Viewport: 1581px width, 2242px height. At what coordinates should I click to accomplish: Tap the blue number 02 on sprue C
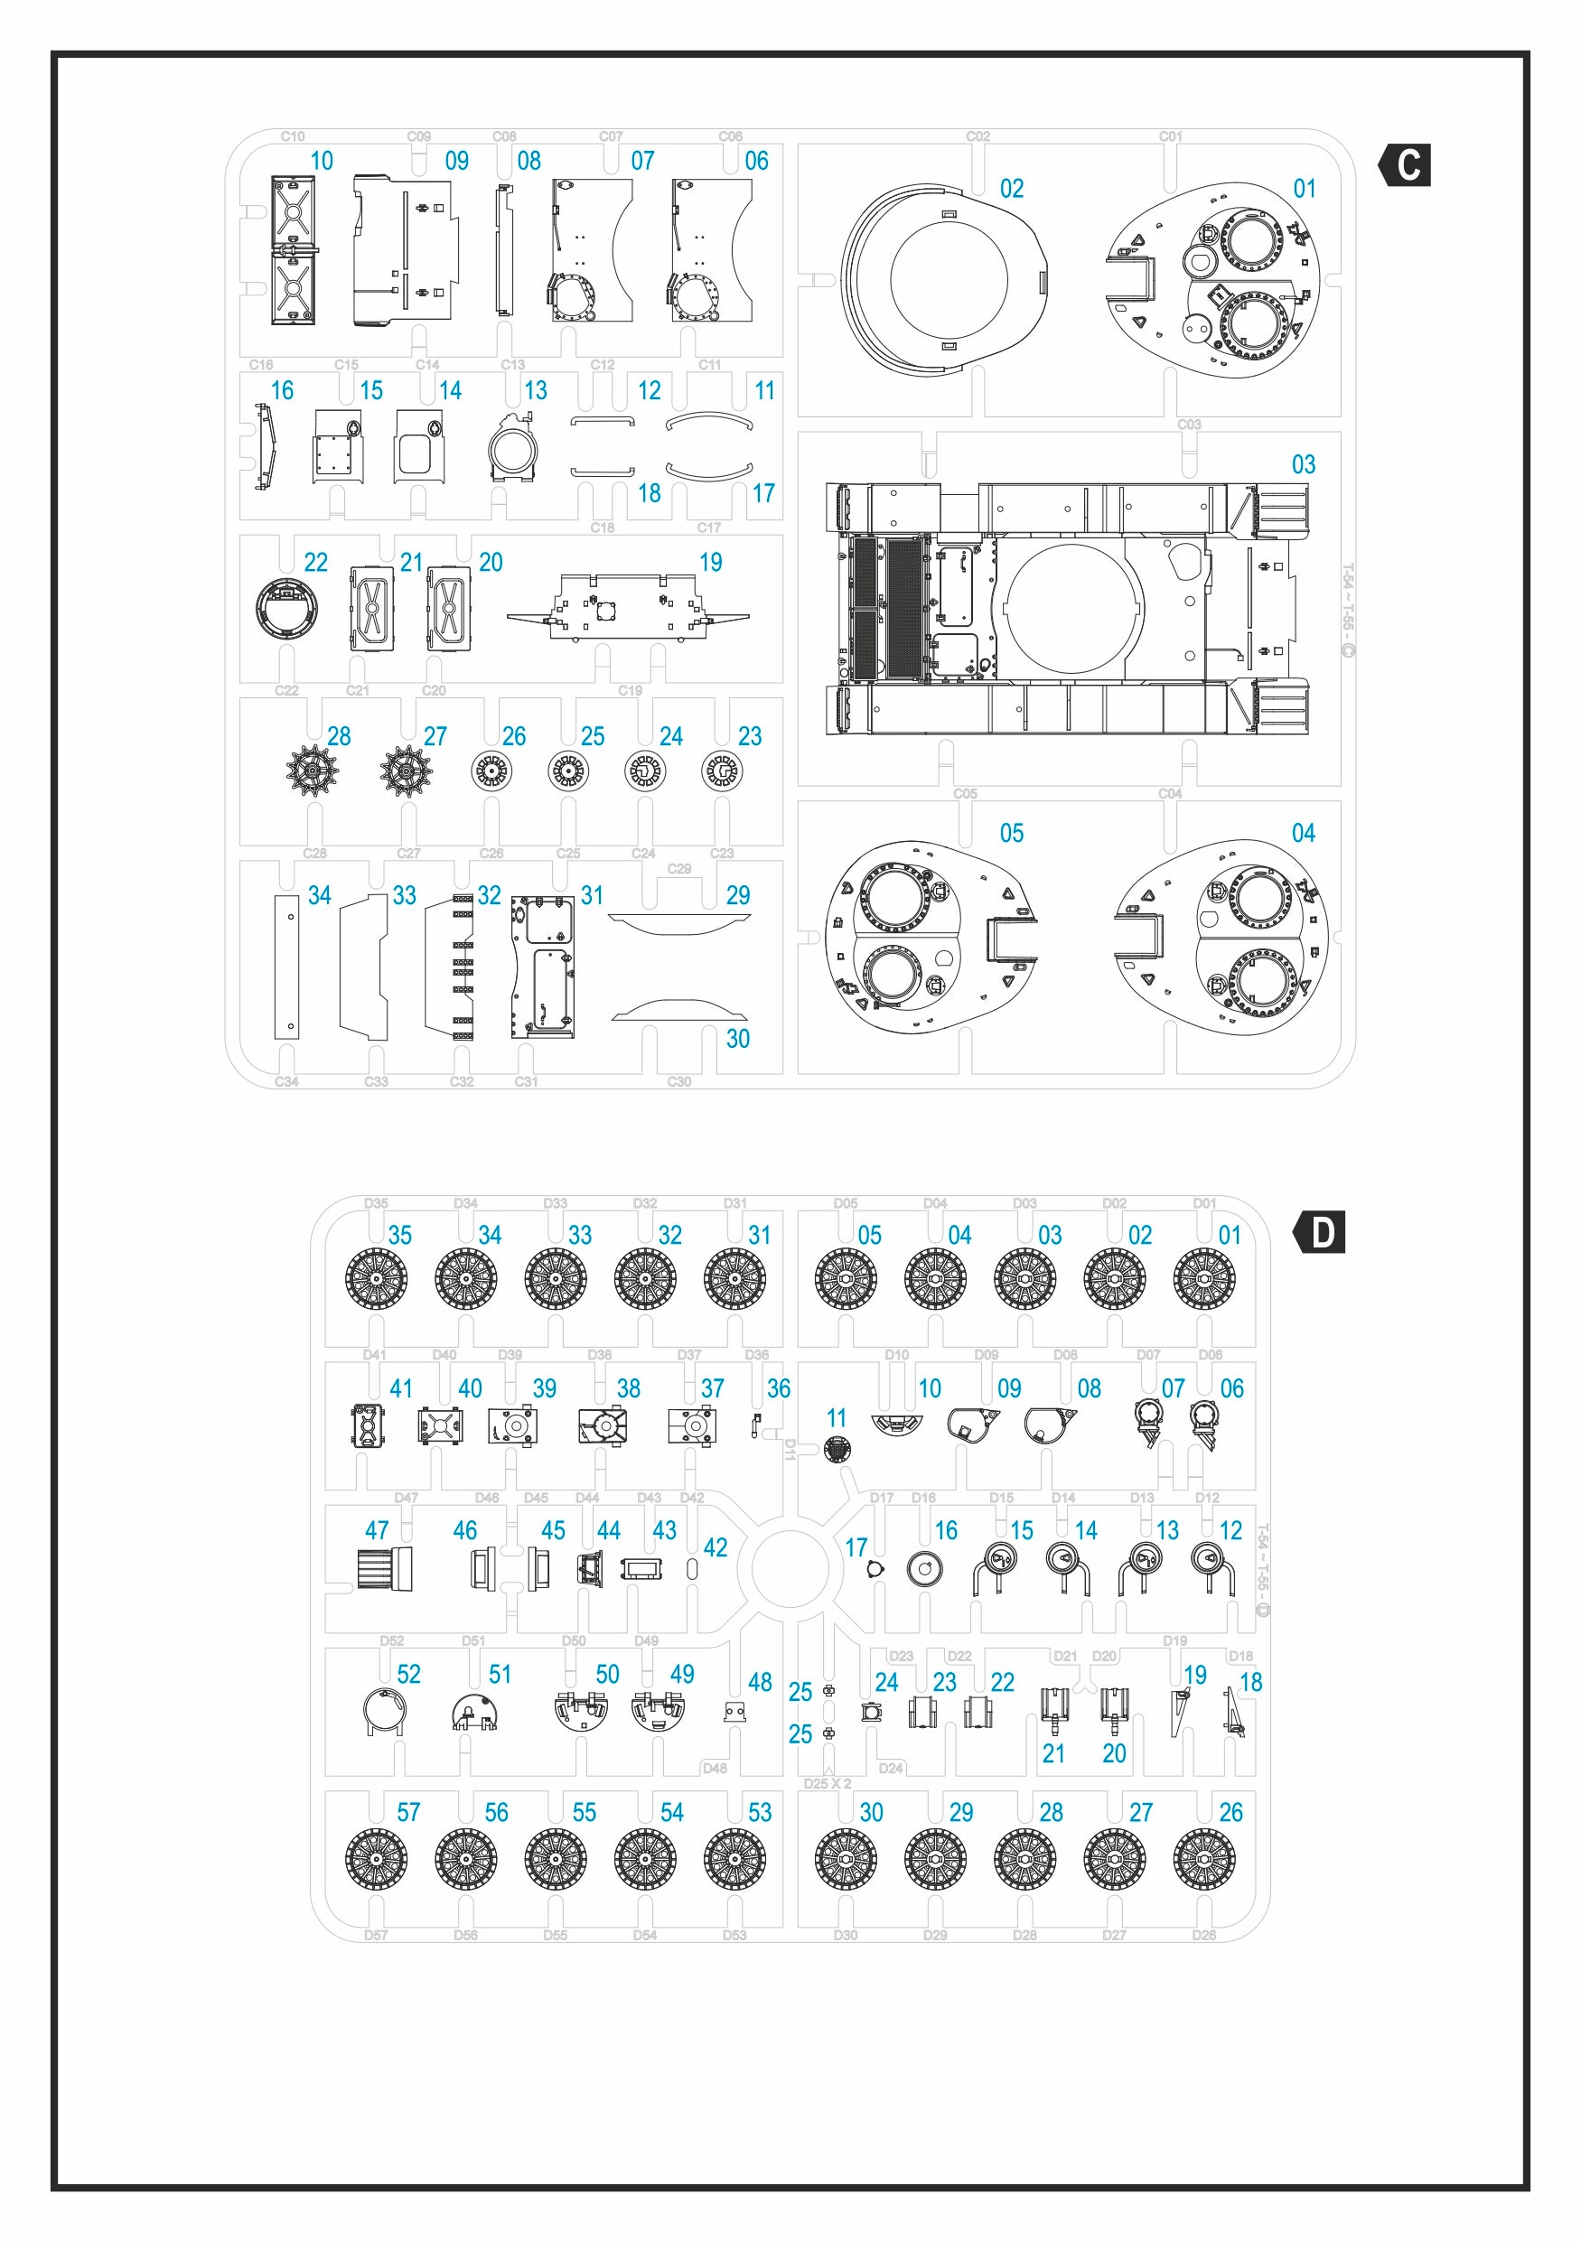click(1012, 189)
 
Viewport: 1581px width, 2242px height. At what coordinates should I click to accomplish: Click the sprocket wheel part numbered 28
click(313, 771)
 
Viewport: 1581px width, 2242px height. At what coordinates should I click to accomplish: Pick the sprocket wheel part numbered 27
click(407, 771)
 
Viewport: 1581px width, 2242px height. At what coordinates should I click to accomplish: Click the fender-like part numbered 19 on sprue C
click(628, 607)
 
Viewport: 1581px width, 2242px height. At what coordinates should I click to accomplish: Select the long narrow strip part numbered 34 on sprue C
click(286, 967)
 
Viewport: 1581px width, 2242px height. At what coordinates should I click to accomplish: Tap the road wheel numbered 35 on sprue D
click(376, 1279)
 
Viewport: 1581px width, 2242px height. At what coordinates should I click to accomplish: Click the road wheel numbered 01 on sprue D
click(1204, 1279)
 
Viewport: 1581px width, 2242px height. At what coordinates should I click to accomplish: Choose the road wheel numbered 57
click(376, 1858)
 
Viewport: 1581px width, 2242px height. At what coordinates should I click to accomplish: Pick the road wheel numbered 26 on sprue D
click(1204, 1858)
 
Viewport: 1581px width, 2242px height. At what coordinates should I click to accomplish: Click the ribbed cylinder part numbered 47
click(384, 1568)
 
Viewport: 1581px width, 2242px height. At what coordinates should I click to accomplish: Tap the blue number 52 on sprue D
click(409, 1674)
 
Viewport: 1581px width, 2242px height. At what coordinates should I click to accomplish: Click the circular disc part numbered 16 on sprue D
click(924, 1569)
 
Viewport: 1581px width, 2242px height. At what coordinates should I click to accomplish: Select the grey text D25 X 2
click(828, 1783)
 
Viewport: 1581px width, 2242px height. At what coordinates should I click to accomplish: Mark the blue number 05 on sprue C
click(1012, 833)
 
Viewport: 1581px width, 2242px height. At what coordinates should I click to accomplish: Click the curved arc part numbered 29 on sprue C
click(679, 923)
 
